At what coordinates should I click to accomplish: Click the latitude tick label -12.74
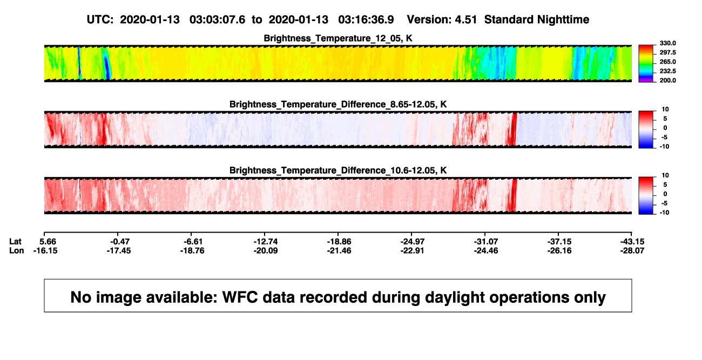(266, 242)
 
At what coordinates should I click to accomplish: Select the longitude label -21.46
(339, 250)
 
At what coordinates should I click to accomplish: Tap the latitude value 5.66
(48, 242)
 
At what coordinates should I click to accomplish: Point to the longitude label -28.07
(632, 250)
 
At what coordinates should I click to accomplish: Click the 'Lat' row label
(15, 242)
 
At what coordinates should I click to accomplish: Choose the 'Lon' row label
(16, 250)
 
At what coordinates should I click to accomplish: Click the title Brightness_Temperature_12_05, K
(338, 38)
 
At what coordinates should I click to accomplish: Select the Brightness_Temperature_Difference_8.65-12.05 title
(338, 104)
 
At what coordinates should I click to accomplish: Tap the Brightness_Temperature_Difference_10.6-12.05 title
(338, 171)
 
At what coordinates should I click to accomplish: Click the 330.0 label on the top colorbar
(667, 43)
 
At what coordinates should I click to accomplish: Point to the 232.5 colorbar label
(667, 71)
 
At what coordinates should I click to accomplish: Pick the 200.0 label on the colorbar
(667, 80)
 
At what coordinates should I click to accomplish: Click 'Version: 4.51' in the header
(442, 19)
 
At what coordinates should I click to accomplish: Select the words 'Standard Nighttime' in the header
(537, 19)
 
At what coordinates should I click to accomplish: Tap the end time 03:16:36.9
(366, 19)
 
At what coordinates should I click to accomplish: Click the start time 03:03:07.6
(217, 19)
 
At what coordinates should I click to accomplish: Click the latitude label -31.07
(486, 242)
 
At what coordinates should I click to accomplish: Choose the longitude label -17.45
(118, 250)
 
